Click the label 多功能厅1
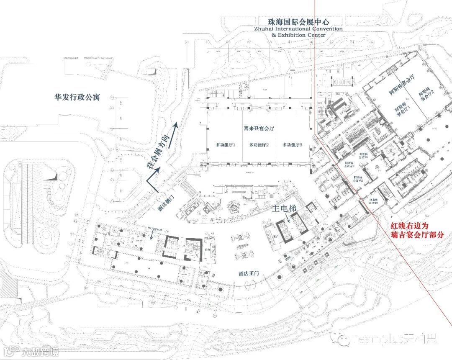[226, 145]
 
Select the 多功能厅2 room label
[259, 145]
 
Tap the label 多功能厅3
[292, 145]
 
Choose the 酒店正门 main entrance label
[244, 273]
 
